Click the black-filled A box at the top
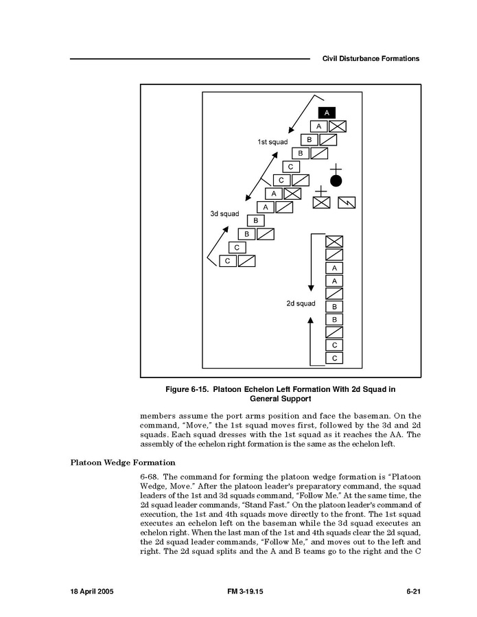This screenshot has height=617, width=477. click(x=327, y=113)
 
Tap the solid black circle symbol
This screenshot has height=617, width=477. click(x=336, y=181)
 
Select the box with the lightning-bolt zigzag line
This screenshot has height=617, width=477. click(x=347, y=202)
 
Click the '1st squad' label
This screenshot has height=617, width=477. click(x=272, y=141)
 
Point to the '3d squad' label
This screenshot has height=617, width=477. click(x=224, y=214)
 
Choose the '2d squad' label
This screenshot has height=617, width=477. click(x=301, y=303)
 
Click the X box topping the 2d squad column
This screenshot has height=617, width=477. click(x=334, y=241)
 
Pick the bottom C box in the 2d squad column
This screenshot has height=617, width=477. click(x=334, y=358)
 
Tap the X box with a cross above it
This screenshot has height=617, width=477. click(x=321, y=202)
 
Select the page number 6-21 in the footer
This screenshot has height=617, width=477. click(x=412, y=590)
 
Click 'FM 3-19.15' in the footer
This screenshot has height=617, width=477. click(x=245, y=590)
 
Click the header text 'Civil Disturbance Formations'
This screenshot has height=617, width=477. click(x=371, y=59)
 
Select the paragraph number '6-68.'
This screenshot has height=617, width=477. click(x=151, y=477)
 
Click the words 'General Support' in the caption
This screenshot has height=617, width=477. click(x=280, y=398)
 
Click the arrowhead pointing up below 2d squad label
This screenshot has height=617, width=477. click(x=311, y=320)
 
